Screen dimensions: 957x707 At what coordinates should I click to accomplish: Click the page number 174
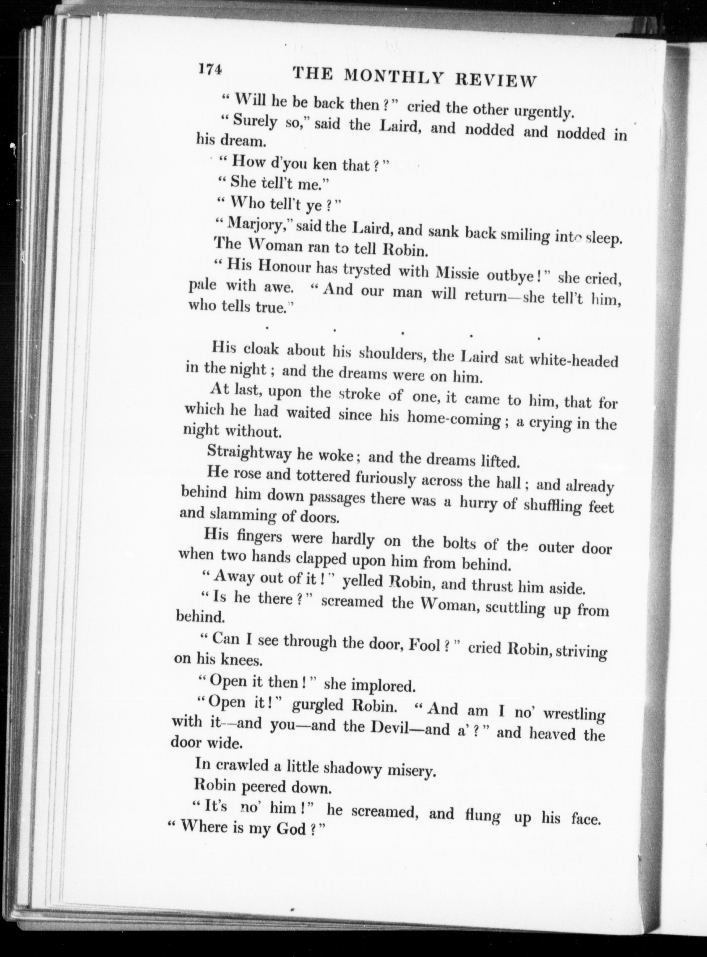coord(209,69)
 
